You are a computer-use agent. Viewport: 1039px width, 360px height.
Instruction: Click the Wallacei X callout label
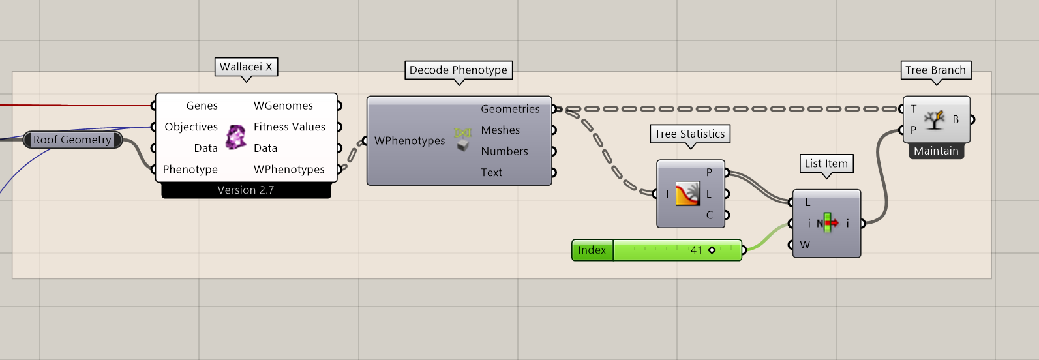coord(246,67)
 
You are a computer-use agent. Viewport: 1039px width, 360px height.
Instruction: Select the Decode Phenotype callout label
coord(458,70)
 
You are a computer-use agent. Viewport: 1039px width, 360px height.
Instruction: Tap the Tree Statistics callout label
coord(689,134)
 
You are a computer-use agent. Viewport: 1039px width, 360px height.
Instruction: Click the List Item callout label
coord(826,164)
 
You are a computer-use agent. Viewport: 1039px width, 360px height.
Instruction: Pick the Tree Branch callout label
coord(935,70)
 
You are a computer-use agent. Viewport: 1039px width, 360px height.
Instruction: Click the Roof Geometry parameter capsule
coord(72,140)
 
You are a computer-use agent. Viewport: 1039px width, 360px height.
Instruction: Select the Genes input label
coord(202,106)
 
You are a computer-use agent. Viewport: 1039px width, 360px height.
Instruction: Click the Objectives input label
coord(191,127)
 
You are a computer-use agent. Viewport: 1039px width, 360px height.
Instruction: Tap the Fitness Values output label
coord(289,127)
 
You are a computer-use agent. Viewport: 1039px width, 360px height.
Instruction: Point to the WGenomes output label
coord(283,106)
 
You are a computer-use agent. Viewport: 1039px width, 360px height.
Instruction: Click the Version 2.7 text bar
coord(246,190)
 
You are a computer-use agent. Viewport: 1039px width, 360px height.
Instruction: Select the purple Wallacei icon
coord(235,137)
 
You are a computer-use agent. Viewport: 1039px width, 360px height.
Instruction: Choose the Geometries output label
coord(510,109)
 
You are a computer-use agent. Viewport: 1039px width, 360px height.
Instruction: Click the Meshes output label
coord(500,130)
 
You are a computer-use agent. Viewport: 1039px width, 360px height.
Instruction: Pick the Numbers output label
coord(504,151)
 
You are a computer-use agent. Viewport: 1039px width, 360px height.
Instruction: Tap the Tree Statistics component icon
coord(687,194)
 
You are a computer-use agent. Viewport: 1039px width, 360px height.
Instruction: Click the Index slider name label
coord(592,250)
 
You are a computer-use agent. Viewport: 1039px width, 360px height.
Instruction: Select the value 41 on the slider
coord(697,250)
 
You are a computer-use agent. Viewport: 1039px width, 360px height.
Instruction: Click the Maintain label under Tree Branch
coord(936,151)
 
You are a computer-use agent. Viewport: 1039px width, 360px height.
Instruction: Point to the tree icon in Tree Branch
coord(935,119)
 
